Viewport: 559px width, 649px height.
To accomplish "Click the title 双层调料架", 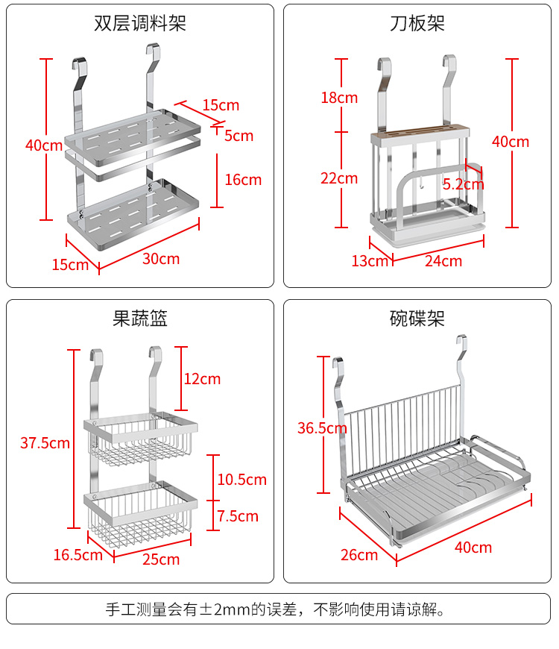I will tap(140, 23).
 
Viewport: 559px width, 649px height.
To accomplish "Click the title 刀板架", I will tap(417, 23).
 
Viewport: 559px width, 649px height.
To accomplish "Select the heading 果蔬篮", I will tap(140, 319).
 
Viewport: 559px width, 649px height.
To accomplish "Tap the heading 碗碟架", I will tap(417, 319).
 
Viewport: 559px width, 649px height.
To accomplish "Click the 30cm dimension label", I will tap(161, 259).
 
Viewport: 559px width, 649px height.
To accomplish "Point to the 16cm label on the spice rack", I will tap(243, 179).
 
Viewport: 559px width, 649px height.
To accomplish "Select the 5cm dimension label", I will tap(239, 136).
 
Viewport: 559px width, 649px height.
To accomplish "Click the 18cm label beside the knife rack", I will tap(339, 98).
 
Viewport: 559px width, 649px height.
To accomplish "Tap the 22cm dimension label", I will tap(339, 178).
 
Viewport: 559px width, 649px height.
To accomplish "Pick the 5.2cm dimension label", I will tap(463, 184).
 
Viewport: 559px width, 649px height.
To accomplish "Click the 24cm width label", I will tap(443, 260).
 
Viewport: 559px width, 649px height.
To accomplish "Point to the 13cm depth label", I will tap(370, 260).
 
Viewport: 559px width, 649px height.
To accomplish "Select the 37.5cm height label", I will tap(45, 442).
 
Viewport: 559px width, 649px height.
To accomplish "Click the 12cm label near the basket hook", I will tap(202, 379).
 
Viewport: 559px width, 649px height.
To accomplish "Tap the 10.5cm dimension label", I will tap(241, 480).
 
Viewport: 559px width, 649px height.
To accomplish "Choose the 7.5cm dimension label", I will tap(238, 516).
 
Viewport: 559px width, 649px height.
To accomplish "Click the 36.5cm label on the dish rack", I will tap(322, 428).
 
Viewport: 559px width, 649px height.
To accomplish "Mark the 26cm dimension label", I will tap(359, 554).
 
